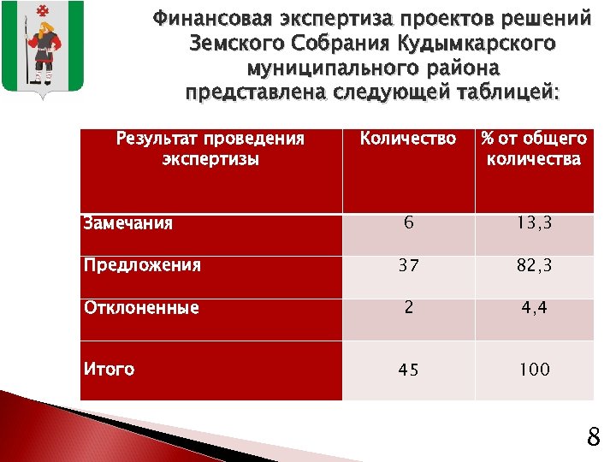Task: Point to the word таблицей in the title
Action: (x=506, y=92)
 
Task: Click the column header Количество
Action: (x=408, y=139)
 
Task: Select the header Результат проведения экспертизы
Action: (x=210, y=148)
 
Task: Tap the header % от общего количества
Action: (x=534, y=148)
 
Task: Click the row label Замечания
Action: (x=127, y=224)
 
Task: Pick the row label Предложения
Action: (x=142, y=265)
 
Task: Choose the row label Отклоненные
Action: (x=141, y=308)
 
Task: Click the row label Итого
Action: (x=109, y=370)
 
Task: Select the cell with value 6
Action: (x=409, y=224)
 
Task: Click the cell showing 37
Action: (x=408, y=266)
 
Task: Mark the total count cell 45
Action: (x=408, y=370)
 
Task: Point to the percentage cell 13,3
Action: (x=534, y=224)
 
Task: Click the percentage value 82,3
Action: (x=534, y=266)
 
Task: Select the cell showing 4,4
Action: (x=534, y=308)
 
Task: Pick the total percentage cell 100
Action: (x=534, y=370)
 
